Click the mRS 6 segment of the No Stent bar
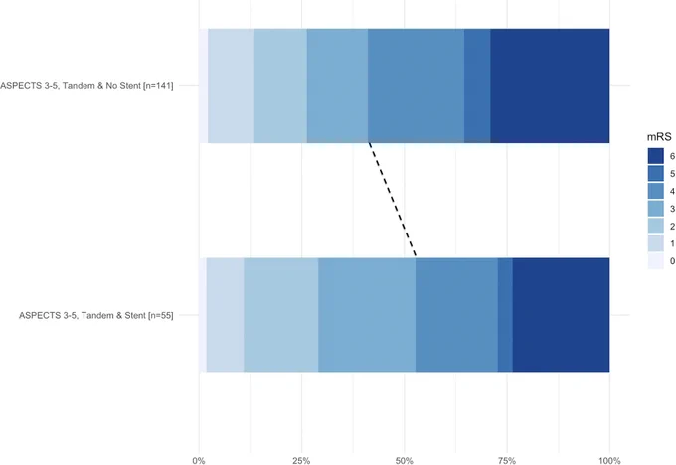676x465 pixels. pyautogui.click(x=550, y=85)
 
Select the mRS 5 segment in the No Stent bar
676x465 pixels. pyautogui.click(x=477, y=85)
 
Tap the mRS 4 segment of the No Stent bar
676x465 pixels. pyautogui.click(x=416, y=85)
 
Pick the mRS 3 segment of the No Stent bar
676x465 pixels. pyautogui.click(x=337, y=85)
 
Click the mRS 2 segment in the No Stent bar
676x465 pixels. pyautogui.click(x=280, y=85)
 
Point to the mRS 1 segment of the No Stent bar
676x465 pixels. pyautogui.click(x=231, y=85)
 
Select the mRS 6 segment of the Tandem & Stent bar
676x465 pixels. pyautogui.click(x=561, y=315)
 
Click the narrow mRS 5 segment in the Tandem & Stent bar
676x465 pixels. pyautogui.click(x=505, y=315)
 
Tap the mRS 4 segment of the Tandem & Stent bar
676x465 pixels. pyautogui.click(x=456, y=315)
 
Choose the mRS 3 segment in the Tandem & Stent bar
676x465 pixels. pyautogui.click(x=367, y=315)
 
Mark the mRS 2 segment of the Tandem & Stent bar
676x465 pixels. pyautogui.click(x=281, y=315)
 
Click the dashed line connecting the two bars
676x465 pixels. pyautogui.click(x=392, y=200)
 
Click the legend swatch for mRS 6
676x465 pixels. pyautogui.click(x=656, y=156)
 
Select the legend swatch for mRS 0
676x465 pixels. pyautogui.click(x=656, y=261)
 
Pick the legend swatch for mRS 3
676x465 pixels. pyautogui.click(x=656, y=209)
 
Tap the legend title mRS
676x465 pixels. pyautogui.click(x=659, y=137)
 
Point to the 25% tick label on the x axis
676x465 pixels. pyautogui.click(x=301, y=461)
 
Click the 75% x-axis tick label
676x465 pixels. pyautogui.click(x=507, y=461)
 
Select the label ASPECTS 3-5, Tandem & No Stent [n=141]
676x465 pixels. pyautogui.click(x=86, y=86)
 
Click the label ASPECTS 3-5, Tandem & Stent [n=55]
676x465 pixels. pyautogui.click(x=96, y=315)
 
